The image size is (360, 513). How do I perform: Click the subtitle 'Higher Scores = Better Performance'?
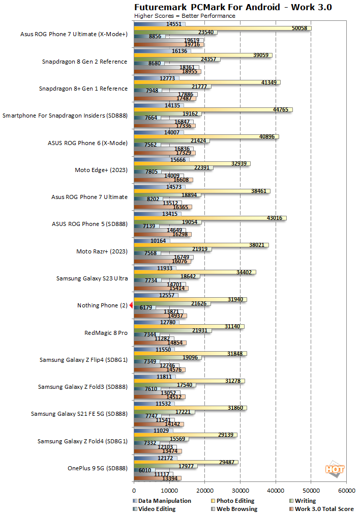tap(184, 16)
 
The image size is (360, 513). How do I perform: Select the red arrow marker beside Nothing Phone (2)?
tap(131, 305)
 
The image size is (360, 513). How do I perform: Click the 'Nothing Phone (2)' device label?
tap(102, 305)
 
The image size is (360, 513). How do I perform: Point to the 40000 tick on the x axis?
tap(276, 491)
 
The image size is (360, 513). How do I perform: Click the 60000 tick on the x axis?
tap(346, 491)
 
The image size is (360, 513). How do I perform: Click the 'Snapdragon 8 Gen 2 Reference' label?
tap(84, 62)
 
